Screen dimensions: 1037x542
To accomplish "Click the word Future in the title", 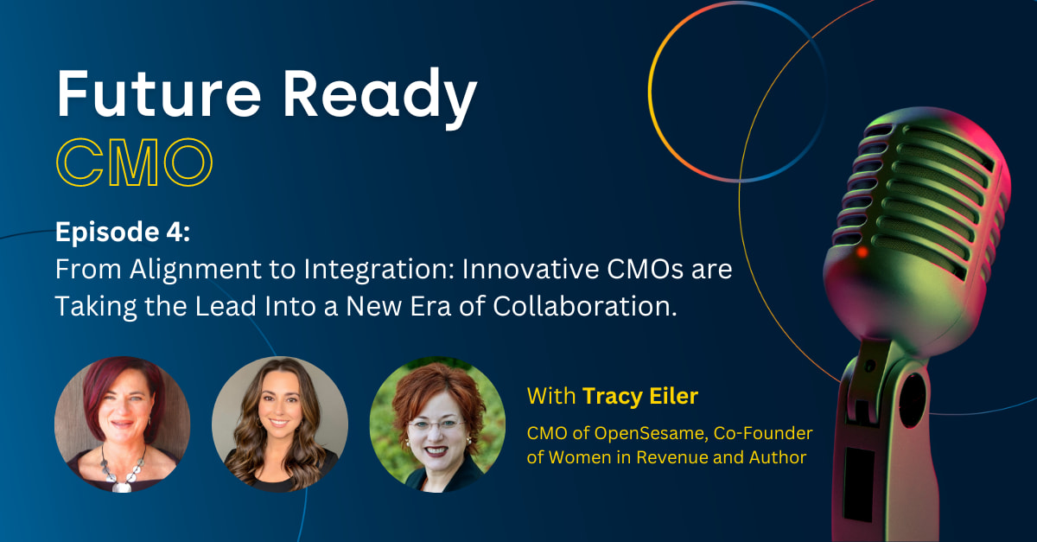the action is pos(159,93).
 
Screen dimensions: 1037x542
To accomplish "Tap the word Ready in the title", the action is pos(379,98).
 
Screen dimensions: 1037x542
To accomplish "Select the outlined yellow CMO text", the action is pos(134,163).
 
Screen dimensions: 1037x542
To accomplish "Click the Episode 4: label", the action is pos(123,232).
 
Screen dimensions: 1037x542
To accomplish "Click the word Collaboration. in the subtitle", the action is pos(585,306).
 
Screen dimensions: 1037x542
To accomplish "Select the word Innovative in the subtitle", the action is pos(531,269).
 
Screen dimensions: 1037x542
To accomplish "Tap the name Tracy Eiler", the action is pos(640,396).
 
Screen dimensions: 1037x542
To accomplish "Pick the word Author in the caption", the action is pos(778,457).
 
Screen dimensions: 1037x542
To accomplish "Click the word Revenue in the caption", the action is pos(672,457).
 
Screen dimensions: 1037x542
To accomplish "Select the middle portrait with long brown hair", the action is pos(280,424).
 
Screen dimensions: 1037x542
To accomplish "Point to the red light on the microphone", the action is pos(862,252).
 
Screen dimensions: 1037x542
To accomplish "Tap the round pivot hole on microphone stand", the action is pos(912,401).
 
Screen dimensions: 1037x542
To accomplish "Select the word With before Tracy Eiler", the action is pos(551,396).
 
